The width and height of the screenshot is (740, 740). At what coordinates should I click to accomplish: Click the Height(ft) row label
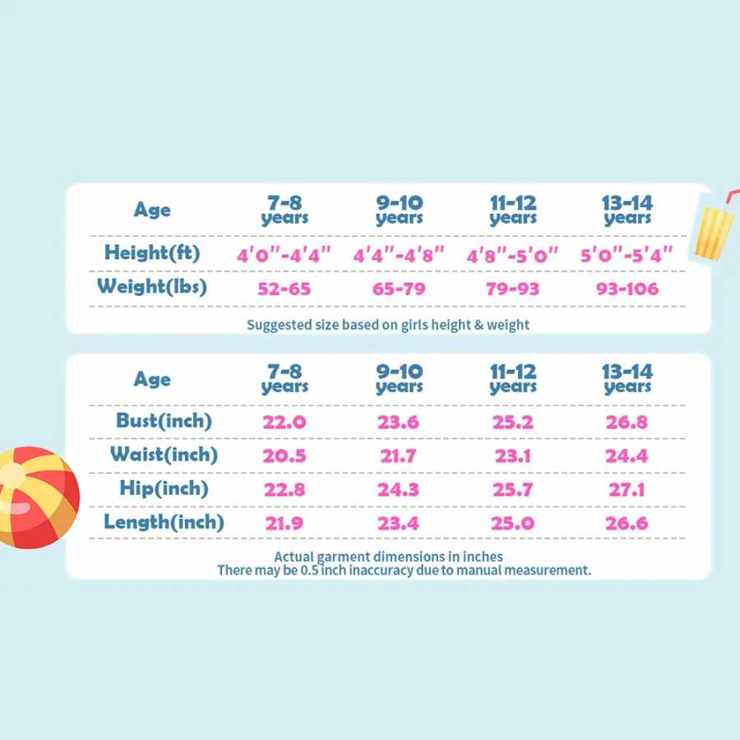(152, 253)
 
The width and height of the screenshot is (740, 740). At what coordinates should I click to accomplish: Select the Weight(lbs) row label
(152, 287)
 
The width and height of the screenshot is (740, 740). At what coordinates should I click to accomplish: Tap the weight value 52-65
(284, 289)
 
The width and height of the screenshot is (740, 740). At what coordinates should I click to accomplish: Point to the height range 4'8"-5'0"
(512, 255)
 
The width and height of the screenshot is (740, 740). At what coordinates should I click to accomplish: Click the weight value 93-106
(627, 289)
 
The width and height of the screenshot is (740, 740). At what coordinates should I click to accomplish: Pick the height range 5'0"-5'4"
(627, 255)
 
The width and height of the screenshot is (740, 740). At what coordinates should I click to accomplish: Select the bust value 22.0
(284, 422)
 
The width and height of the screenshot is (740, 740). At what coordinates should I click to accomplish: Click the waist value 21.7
(398, 456)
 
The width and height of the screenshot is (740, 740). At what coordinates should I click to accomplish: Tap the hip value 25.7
(512, 489)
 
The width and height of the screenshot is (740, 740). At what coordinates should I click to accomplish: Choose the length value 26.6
(627, 524)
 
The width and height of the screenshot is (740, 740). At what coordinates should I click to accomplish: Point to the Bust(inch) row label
(164, 421)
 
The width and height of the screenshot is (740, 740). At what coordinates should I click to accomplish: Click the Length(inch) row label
(164, 522)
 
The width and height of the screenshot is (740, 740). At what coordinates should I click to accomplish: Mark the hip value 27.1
(627, 489)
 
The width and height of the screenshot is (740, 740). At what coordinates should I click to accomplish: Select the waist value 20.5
(284, 456)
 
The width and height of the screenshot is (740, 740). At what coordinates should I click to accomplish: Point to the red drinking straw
(732, 197)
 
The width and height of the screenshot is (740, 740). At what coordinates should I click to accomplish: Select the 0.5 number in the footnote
(310, 571)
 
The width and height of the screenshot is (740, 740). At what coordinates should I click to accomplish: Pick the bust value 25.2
(512, 422)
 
